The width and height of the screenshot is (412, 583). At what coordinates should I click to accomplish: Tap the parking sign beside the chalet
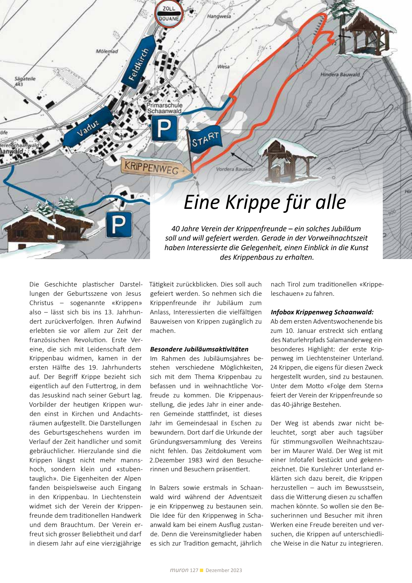[x=119, y=224]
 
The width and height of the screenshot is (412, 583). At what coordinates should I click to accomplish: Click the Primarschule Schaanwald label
[x=164, y=108]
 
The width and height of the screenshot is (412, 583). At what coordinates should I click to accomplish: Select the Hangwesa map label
[x=219, y=16]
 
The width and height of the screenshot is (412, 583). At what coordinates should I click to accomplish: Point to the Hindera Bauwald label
[x=340, y=75]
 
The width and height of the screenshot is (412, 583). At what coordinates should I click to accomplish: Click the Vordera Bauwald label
[x=236, y=169]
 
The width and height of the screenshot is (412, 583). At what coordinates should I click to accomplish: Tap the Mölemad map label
[x=107, y=52]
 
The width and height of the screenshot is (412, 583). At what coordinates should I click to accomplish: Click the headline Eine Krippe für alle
[x=265, y=202]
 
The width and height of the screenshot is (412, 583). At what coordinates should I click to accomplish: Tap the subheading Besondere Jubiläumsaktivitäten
[x=199, y=349]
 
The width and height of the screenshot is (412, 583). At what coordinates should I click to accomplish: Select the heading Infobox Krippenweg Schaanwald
[x=322, y=312]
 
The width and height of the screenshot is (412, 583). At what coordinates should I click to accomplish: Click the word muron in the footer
[x=179, y=570]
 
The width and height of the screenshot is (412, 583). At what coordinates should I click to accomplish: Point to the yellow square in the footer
[x=202, y=570]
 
